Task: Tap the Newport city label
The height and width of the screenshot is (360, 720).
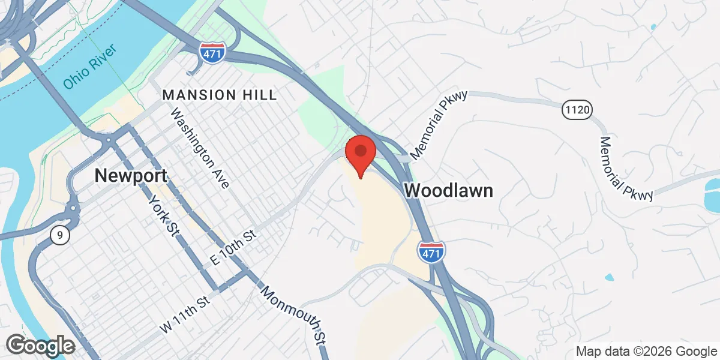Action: point(131,175)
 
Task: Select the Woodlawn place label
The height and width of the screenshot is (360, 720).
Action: point(449,191)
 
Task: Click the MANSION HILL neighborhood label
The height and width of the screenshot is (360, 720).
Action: point(220,95)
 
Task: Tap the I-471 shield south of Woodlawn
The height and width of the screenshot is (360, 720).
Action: point(432,251)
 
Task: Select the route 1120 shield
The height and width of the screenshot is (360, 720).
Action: point(578,110)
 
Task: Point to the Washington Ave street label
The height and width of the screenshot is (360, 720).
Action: point(200,148)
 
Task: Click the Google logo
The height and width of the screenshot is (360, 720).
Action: point(40,346)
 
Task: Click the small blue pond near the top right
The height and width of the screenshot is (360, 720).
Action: point(652,27)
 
